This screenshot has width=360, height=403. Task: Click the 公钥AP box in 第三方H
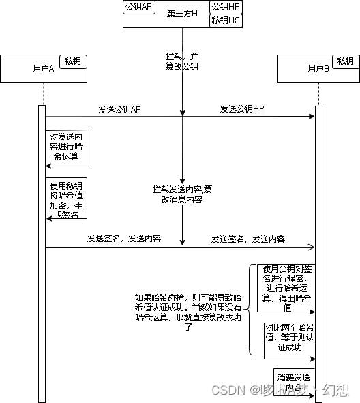(138, 7)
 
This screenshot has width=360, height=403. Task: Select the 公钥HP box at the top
(225, 7)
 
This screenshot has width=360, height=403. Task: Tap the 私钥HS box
(225, 20)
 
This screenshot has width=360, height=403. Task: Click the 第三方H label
(182, 14)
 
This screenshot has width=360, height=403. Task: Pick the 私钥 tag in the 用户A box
(73, 61)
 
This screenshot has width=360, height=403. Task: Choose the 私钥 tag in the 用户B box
(346, 61)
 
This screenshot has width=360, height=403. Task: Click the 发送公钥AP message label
(119, 109)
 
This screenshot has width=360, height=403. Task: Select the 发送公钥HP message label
(242, 109)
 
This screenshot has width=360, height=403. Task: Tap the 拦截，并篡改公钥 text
(182, 60)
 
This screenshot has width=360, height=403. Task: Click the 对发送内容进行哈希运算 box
(67, 147)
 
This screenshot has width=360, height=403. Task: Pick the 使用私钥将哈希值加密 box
(67, 200)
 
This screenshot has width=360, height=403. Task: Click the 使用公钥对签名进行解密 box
(286, 288)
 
